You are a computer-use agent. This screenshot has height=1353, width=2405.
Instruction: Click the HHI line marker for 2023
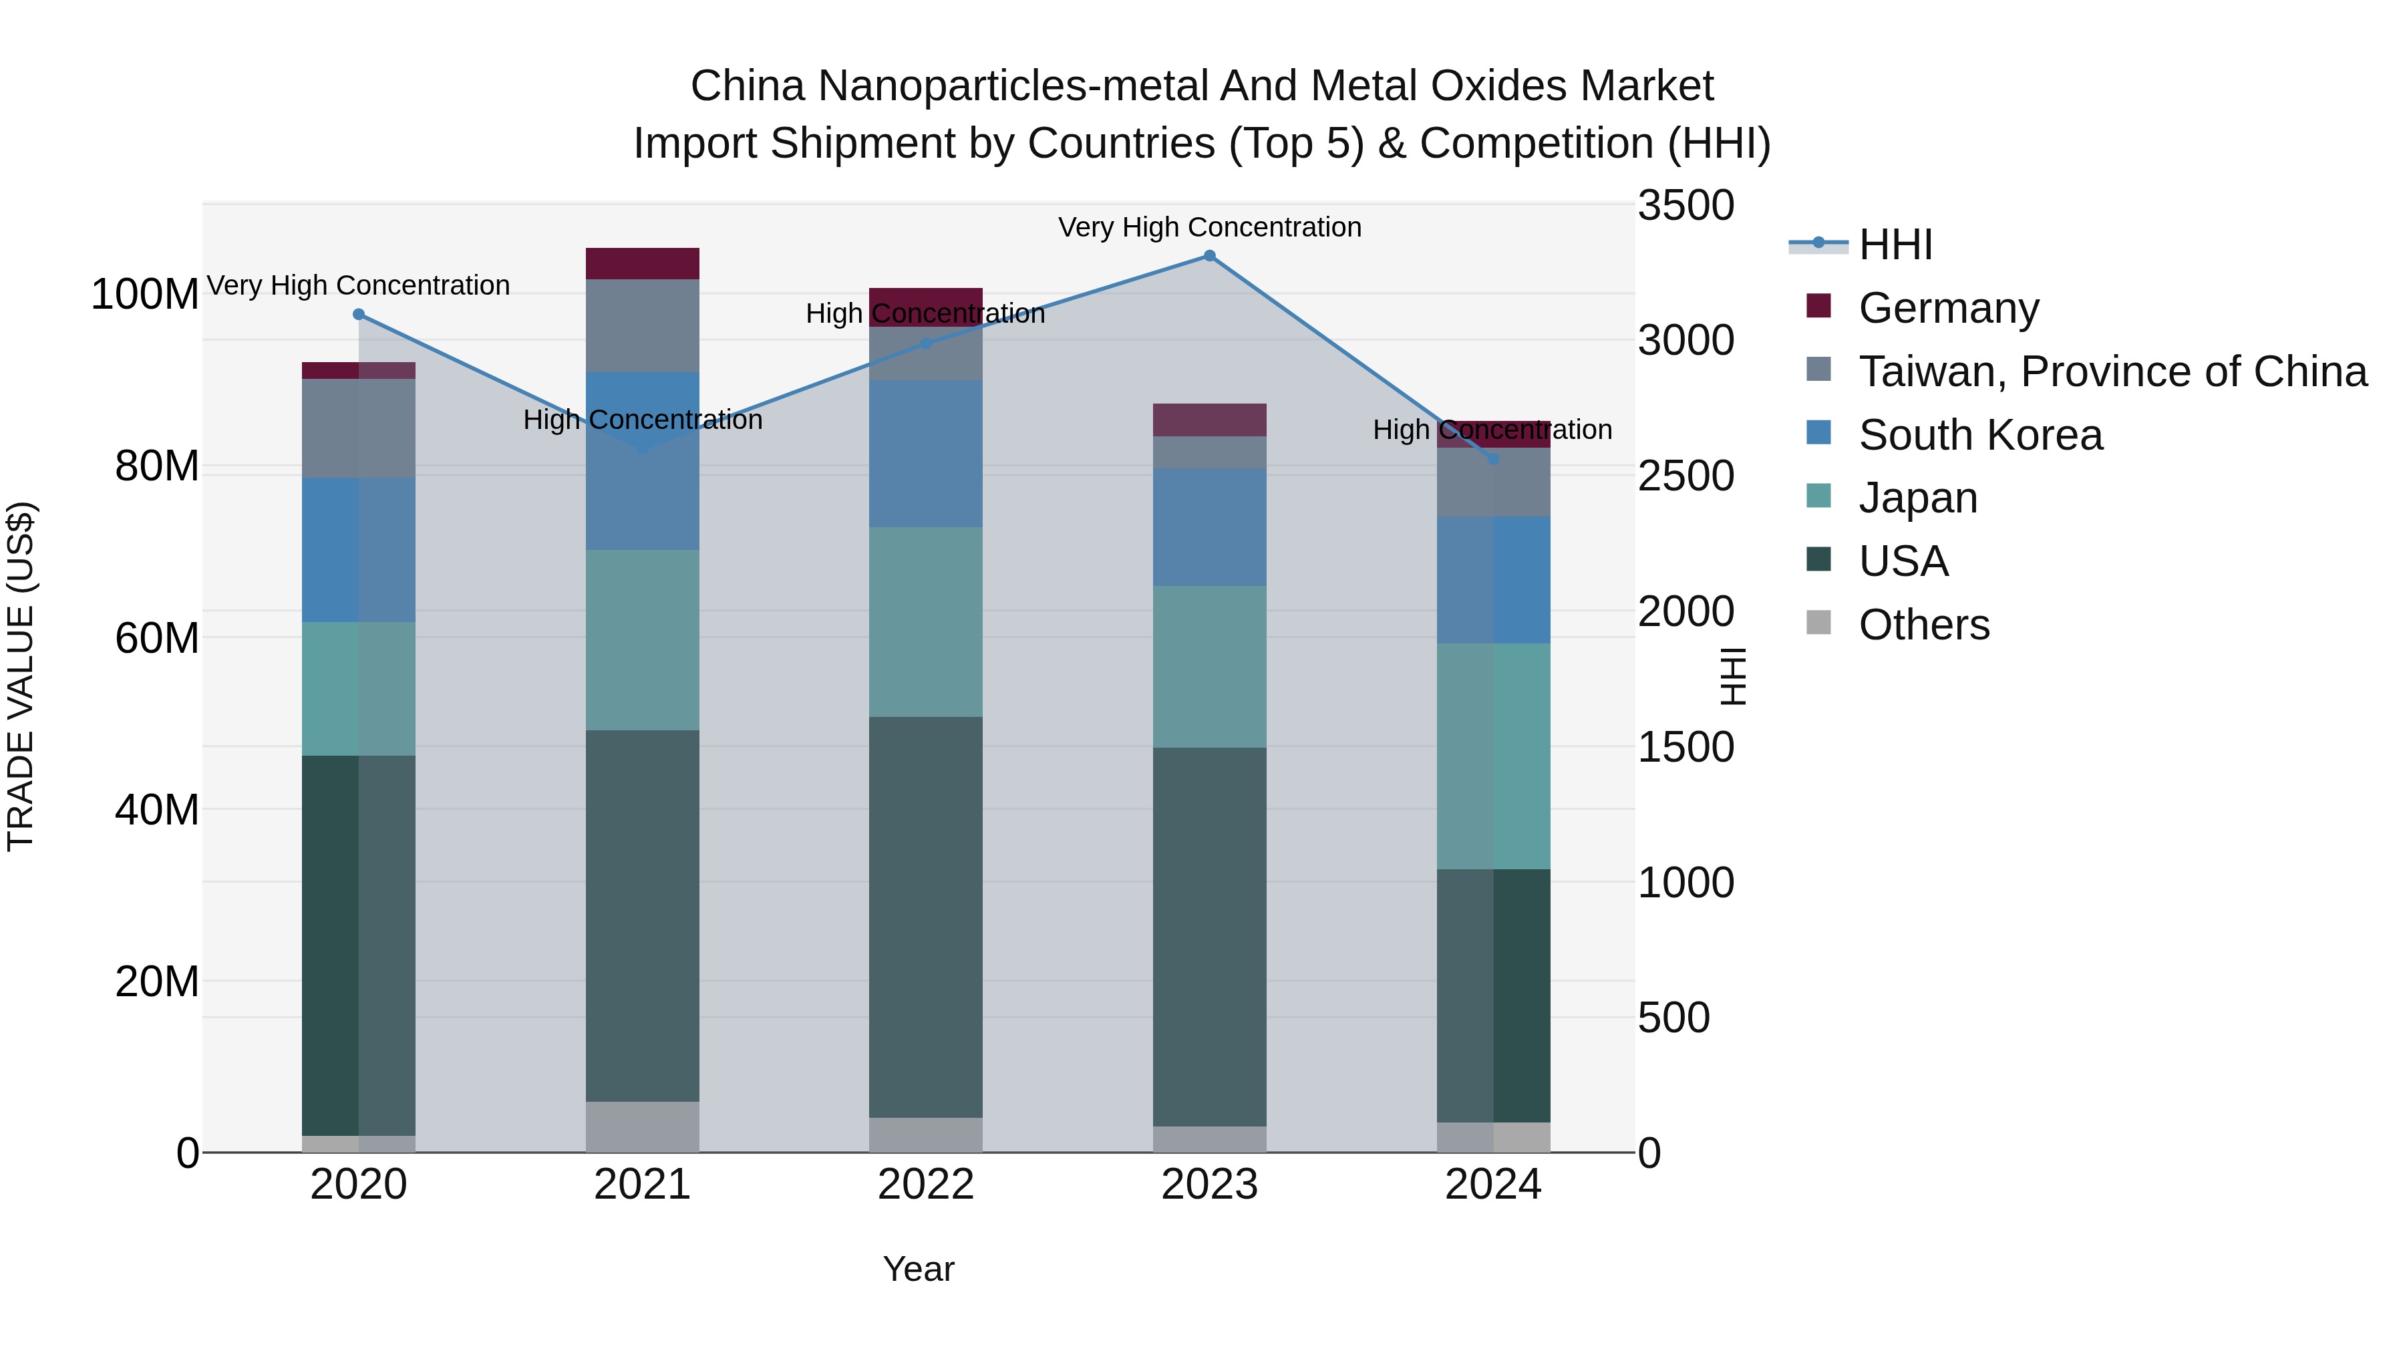click(x=1209, y=256)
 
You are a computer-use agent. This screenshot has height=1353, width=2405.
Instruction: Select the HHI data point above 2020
click(x=359, y=315)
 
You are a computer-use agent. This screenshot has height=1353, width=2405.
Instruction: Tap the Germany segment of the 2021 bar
click(x=642, y=263)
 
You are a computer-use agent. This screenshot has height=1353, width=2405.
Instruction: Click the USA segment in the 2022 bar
click(x=925, y=917)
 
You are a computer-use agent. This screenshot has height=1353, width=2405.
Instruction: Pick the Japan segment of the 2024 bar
click(x=1493, y=756)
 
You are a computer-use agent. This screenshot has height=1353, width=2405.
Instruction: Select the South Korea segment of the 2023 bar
click(x=1209, y=528)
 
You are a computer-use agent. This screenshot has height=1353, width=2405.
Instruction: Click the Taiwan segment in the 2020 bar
click(x=359, y=428)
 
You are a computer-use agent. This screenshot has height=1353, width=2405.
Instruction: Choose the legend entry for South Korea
click(x=1979, y=435)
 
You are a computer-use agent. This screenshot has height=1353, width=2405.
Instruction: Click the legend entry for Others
click(x=1923, y=625)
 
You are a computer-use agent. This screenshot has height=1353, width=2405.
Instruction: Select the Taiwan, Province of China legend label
click(x=2112, y=371)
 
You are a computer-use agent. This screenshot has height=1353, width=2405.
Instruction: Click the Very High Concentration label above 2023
click(x=1209, y=228)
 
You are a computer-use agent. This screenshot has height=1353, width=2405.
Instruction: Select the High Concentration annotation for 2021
click(x=642, y=420)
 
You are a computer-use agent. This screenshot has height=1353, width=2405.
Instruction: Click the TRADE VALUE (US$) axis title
click(x=21, y=676)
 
